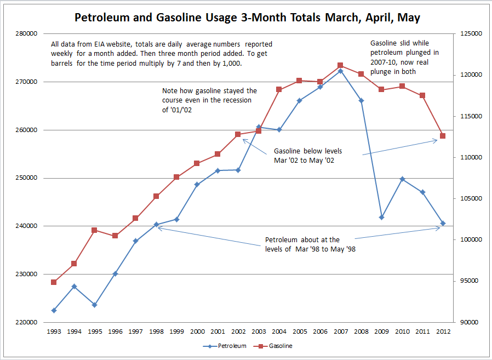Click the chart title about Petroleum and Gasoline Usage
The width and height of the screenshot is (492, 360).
pyautogui.click(x=247, y=18)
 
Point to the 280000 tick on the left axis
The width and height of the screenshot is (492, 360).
pyautogui.click(x=26, y=34)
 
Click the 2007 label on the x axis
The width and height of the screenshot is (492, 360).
pyautogui.click(x=340, y=332)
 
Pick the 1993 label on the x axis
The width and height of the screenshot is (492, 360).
pyautogui.click(x=54, y=332)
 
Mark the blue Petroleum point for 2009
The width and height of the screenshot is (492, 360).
pyautogui.click(x=381, y=218)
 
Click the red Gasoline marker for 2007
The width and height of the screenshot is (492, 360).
pyautogui.click(x=340, y=65)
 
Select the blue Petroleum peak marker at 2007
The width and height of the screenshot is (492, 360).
pyautogui.click(x=340, y=71)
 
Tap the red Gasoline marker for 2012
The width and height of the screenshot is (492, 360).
pyautogui.click(x=443, y=136)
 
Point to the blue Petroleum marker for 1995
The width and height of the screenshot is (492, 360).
pyautogui.click(x=94, y=305)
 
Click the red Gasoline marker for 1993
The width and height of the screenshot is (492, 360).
pyautogui.click(x=54, y=282)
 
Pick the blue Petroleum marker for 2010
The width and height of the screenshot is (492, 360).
pyautogui.click(x=402, y=179)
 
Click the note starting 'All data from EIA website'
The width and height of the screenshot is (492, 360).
pyautogui.click(x=161, y=54)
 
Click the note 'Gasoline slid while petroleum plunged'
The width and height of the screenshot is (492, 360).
pyautogui.click(x=405, y=57)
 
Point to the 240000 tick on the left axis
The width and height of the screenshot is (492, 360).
pyautogui.click(x=26, y=226)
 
